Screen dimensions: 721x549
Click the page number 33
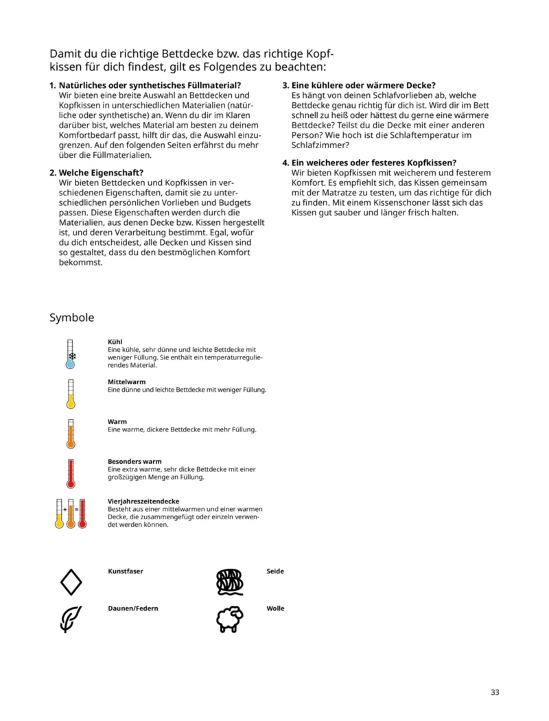click(495, 692)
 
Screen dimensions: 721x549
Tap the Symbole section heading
click(71, 318)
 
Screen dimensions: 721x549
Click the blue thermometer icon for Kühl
click(70, 355)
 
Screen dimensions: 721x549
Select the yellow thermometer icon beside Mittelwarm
click(70, 394)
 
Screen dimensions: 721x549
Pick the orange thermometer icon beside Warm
click(70, 434)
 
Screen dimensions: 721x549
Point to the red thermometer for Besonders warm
click(70, 473)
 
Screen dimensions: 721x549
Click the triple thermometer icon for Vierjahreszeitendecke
click(70, 514)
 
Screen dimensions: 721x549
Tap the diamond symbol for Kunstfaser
click(71, 582)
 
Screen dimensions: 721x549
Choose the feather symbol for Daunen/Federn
click(70, 619)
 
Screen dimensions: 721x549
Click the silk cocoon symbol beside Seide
click(229, 582)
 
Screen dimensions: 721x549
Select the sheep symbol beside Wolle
click(229, 619)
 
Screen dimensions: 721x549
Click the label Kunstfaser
click(126, 571)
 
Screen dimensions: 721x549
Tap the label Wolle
click(275, 608)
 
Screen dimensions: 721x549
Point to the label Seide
click(275, 571)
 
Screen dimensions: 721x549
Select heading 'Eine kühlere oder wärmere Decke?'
click(363, 86)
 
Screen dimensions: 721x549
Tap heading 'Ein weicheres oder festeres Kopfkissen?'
click(374, 163)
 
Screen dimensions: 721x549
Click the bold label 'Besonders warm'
click(135, 462)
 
